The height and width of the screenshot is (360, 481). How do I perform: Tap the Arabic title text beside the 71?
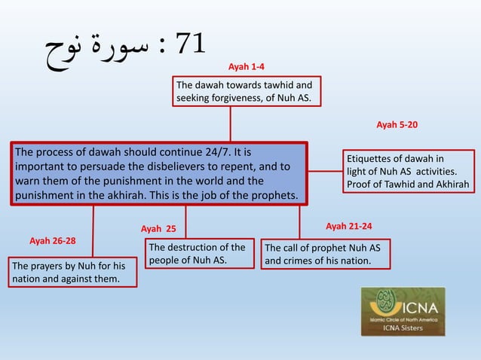click(91, 47)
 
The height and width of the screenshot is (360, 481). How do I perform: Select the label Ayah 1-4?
click(246, 67)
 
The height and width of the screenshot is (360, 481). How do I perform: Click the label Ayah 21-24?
click(348, 226)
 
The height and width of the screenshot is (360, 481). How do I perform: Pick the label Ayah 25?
click(158, 228)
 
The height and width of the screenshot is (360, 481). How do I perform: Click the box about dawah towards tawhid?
click(247, 91)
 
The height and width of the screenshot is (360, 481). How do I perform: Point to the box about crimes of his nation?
click(326, 255)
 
